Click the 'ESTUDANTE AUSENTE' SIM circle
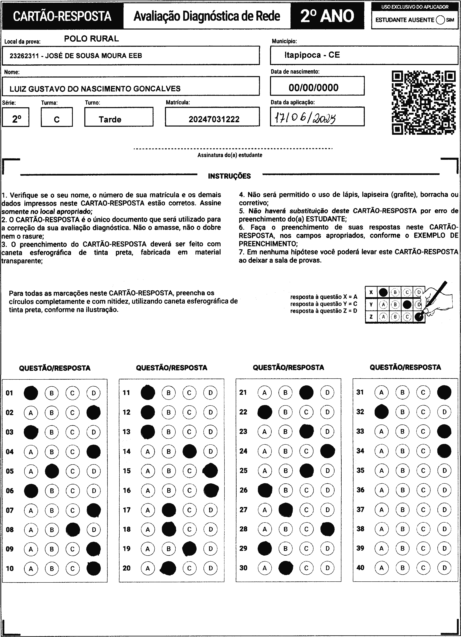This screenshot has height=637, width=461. [440, 20]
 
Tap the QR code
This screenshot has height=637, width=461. [424, 103]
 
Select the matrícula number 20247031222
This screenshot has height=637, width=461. [214, 119]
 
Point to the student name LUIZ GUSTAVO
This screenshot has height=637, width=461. [95, 89]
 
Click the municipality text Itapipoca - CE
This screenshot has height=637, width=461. [312, 55]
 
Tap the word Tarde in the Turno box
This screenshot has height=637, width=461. [110, 120]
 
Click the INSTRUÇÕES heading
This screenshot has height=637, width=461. [229, 176]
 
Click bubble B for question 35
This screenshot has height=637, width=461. [402, 470]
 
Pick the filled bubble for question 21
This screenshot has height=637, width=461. [306, 392]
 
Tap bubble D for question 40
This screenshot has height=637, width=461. [444, 568]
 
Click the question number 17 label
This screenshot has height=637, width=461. [127, 510]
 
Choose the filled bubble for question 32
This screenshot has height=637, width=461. [381, 412]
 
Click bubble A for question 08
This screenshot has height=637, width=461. [31, 530]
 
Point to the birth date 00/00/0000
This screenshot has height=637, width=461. [313, 88]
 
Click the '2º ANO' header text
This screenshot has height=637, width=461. [327, 16]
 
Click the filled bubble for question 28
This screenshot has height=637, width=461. [327, 529]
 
